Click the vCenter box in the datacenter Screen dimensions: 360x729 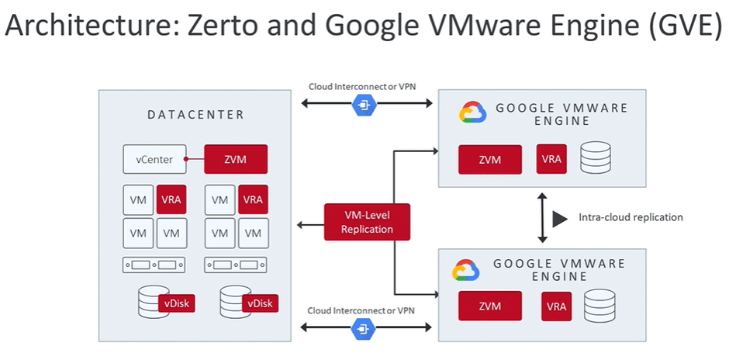[x=154, y=160]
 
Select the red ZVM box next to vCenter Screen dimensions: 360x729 [x=235, y=160]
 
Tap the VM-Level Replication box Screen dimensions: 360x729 [x=367, y=221]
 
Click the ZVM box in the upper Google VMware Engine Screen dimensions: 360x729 [x=489, y=160]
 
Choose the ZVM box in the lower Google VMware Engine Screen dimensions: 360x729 [x=489, y=306]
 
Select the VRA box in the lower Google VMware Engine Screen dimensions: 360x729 [x=555, y=306]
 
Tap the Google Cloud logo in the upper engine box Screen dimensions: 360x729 [x=472, y=113]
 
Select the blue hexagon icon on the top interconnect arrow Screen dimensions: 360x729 [x=362, y=105]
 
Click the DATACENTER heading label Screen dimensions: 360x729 [x=195, y=116]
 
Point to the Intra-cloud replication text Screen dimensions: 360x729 [x=631, y=217]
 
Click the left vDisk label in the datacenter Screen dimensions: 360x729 [x=175, y=303]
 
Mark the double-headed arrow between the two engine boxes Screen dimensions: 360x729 [x=540, y=217]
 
